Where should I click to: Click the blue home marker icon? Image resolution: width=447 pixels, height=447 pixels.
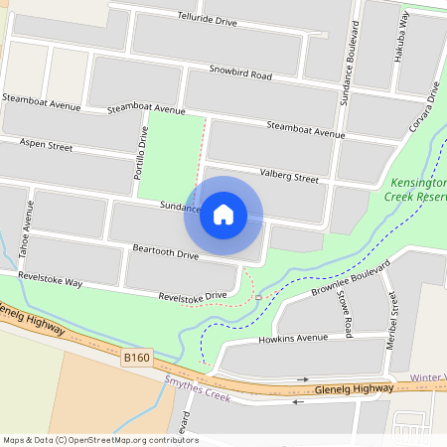[223, 215]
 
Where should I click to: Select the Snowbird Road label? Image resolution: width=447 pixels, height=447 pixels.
[240, 74]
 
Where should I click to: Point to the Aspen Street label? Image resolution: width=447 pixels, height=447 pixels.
[46, 146]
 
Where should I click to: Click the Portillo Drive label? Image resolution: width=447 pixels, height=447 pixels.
[141, 153]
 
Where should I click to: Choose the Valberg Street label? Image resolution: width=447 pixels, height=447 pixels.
[289, 178]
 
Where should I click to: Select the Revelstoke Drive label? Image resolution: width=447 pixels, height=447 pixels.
[193, 296]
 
